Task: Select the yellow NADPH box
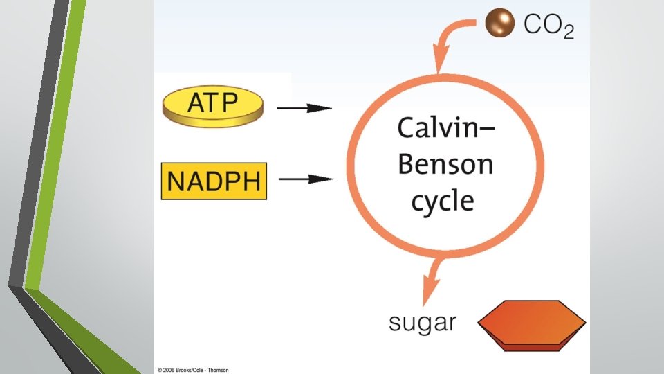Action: (214, 181)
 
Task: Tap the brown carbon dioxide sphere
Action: (499, 24)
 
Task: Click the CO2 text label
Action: (548, 26)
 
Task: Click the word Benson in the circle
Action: (445, 166)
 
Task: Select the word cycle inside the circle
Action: (443, 201)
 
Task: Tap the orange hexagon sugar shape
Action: (533, 323)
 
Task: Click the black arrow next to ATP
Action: (304, 108)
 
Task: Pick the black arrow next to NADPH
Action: (304, 179)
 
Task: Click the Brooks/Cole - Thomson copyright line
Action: (193, 370)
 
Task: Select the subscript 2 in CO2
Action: (568, 34)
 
